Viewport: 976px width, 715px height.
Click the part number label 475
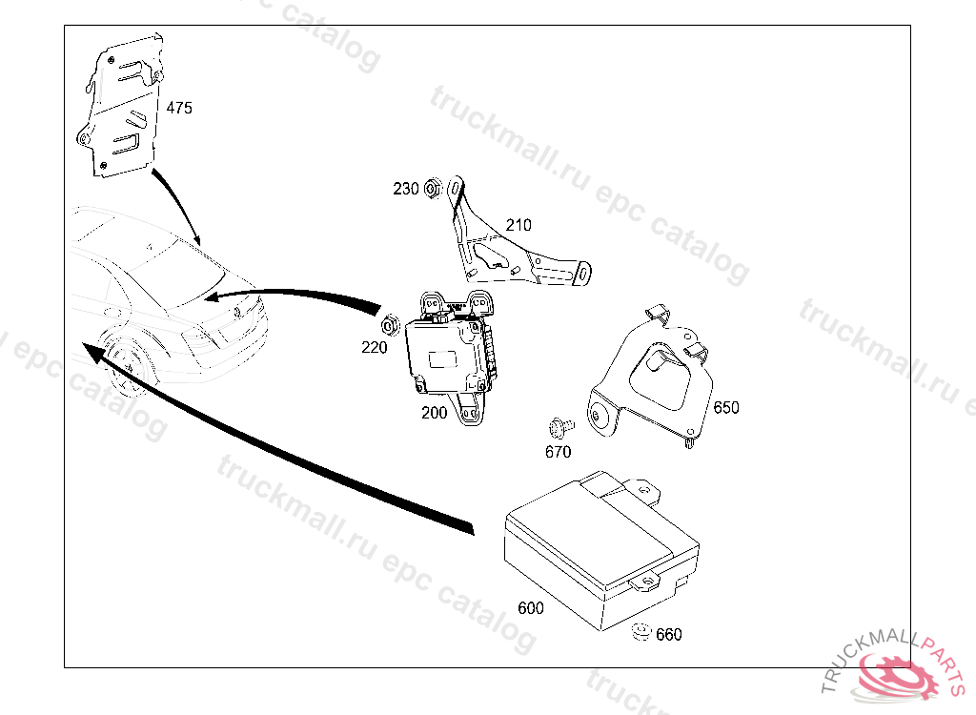[x=179, y=109]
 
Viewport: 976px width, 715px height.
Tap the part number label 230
[x=406, y=189]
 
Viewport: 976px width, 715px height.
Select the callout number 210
[x=518, y=226]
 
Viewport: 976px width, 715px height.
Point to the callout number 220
[x=375, y=348]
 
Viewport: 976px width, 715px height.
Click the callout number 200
[x=434, y=413]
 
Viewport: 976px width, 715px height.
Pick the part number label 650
[x=725, y=408]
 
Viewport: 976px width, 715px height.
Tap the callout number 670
[x=558, y=452]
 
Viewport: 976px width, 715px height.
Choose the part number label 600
[x=531, y=608]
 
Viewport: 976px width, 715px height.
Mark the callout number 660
[x=669, y=635]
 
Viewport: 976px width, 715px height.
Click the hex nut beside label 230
[x=432, y=188]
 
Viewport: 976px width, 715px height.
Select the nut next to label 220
[x=390, y=325]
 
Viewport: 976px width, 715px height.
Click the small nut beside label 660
[x=641, y=631]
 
